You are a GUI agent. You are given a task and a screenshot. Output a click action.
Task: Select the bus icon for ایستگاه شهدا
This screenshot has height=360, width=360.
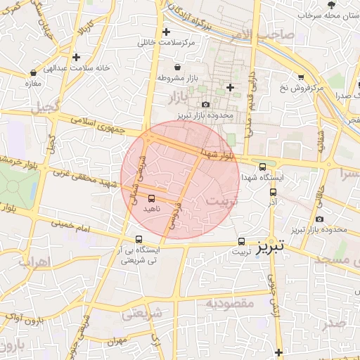point(262,167)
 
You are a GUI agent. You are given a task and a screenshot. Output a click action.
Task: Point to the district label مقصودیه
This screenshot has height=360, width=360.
point(229,302)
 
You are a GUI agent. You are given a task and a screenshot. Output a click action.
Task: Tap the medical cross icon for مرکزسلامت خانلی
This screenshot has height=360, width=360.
point(166,32)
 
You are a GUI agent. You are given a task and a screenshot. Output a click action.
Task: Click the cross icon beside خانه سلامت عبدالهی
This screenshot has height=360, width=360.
point(76,56)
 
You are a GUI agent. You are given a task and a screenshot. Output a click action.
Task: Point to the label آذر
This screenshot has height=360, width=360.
point(272,202)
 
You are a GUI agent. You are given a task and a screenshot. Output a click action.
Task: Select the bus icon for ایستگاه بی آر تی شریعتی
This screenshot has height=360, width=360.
point(139,239)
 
